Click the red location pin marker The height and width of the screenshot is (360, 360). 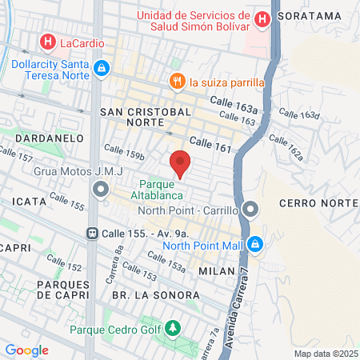pyautogui.click(x=181, y=163)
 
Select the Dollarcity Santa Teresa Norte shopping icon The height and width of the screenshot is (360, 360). pyautogui.click(x=101, y=69)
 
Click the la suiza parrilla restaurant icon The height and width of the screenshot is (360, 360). pyautogui.click(x=176, y=81)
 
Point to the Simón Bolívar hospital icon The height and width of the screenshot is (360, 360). pyautogui.click(x=262, y=18)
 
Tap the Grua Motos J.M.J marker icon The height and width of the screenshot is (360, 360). pyautogui.click(x=101, y=189)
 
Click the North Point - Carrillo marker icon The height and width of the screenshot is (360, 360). pyautogui.click(x=251, y=210)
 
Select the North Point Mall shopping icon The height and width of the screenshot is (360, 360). pyautogui.click(x=254, y=245)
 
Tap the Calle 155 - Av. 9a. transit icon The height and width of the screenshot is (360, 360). pyautogui.click(x=93, y=234)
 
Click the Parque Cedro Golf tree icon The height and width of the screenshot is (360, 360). pyautogui.click(x=171, y=329)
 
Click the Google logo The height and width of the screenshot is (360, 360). pyautogui.click(x=26, y=350)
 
